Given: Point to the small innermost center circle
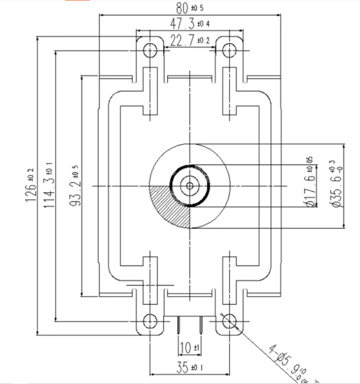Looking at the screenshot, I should pyautogui.click(x=189, y=186).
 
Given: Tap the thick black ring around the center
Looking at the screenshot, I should pyautogui.click(x=171, y=186).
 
